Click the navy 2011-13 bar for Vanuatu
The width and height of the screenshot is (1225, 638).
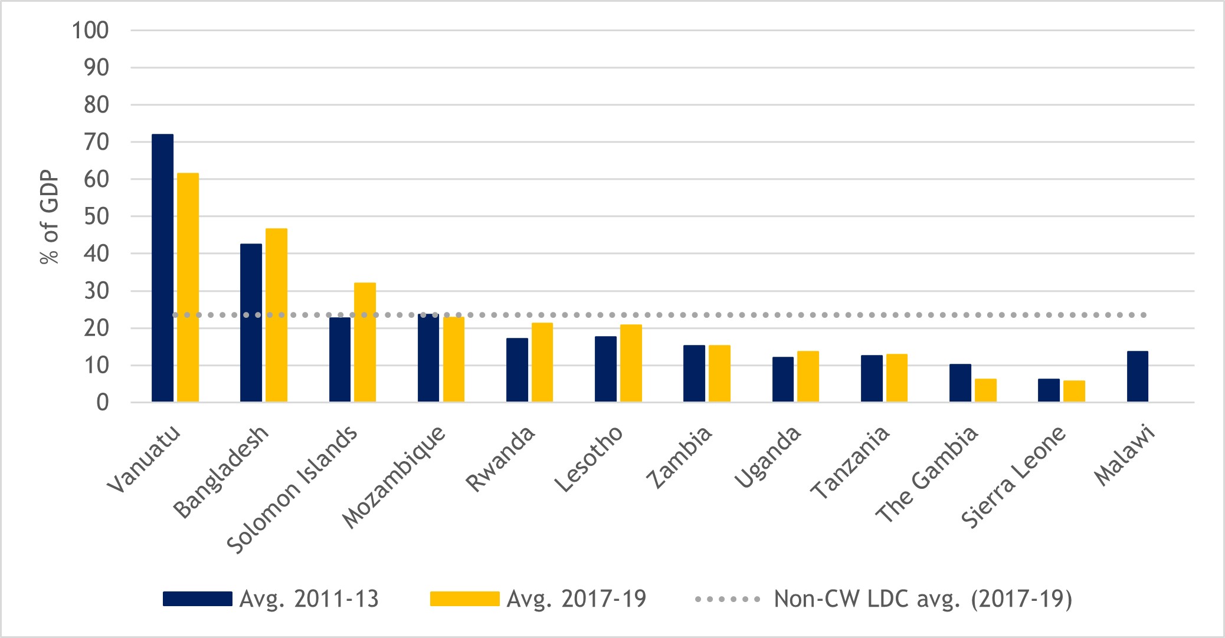[162, 268]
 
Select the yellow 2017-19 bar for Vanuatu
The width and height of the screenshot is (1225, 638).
[188, 288]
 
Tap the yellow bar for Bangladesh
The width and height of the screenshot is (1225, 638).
[276, 315]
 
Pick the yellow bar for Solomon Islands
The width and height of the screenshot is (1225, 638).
[365, 343]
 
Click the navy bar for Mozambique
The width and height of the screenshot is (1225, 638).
[428, 359]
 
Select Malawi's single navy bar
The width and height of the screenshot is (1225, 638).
[1137, 377]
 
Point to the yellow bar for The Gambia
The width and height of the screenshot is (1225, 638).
[985, 390]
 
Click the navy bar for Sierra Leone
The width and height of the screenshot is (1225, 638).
[1049, 390]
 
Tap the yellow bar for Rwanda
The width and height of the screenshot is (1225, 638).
[542, 363]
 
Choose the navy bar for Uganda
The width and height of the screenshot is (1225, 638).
[782, 380]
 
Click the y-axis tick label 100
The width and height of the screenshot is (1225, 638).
[90, 30]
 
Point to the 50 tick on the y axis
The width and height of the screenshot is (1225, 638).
[96, 216]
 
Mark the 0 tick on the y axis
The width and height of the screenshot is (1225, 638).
[103, 403]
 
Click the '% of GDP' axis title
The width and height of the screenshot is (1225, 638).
[50, 217]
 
